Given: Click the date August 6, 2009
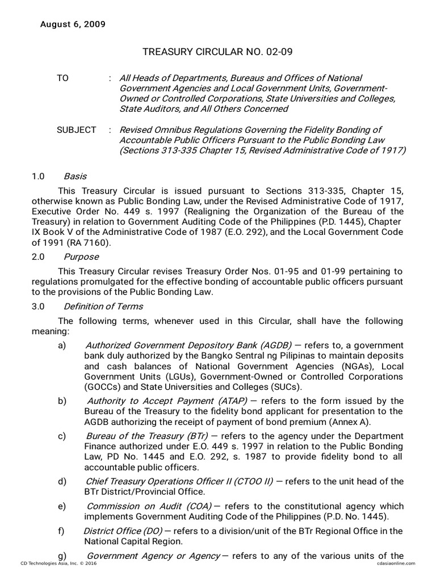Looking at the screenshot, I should [72, 24].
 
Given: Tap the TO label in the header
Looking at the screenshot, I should [62, 78].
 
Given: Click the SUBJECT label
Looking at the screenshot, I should [76, 130].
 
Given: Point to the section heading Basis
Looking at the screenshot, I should [75, 176].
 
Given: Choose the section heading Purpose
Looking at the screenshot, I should [81, 256].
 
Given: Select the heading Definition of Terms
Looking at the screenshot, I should [103, 306].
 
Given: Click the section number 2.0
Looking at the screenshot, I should [39, 256].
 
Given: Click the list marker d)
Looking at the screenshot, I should [62, 481].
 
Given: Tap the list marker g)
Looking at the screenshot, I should [62, 555].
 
